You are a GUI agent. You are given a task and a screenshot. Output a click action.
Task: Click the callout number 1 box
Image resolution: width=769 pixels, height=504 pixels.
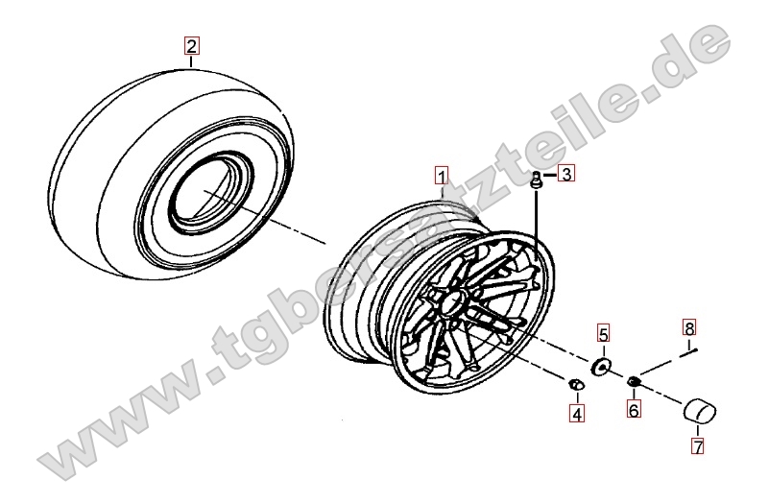pos(442,176)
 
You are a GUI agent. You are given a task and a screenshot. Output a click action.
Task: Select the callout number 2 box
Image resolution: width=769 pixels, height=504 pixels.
pos(191,45)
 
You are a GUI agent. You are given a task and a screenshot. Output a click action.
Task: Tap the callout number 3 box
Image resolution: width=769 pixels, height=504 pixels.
pos(567,174)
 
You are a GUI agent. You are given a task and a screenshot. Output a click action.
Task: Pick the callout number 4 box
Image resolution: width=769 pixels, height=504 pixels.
pos(577,414)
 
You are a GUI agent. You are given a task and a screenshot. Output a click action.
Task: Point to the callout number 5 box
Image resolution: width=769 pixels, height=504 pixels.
pos(603,333)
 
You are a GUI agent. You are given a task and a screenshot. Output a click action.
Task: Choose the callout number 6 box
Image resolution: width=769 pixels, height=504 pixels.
pos(634,408)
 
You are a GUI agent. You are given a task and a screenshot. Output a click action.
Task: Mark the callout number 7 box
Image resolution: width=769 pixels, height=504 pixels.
pos(697,445)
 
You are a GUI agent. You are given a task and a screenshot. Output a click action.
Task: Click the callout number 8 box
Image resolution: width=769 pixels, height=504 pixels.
pos(689,327)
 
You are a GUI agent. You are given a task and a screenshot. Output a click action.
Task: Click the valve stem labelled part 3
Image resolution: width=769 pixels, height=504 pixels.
pos(536,180)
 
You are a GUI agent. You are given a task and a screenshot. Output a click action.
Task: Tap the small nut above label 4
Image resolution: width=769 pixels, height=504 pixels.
pos(576,385)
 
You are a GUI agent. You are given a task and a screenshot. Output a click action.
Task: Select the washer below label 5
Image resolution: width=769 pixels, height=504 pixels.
pos(601,366)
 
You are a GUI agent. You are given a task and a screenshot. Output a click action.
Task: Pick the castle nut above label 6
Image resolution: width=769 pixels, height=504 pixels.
pos(633,380)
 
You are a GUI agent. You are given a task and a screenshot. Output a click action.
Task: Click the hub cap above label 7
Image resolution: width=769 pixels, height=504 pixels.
pos(699,411)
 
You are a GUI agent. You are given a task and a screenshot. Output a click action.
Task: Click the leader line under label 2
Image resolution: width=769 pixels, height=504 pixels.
pos(191,60)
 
